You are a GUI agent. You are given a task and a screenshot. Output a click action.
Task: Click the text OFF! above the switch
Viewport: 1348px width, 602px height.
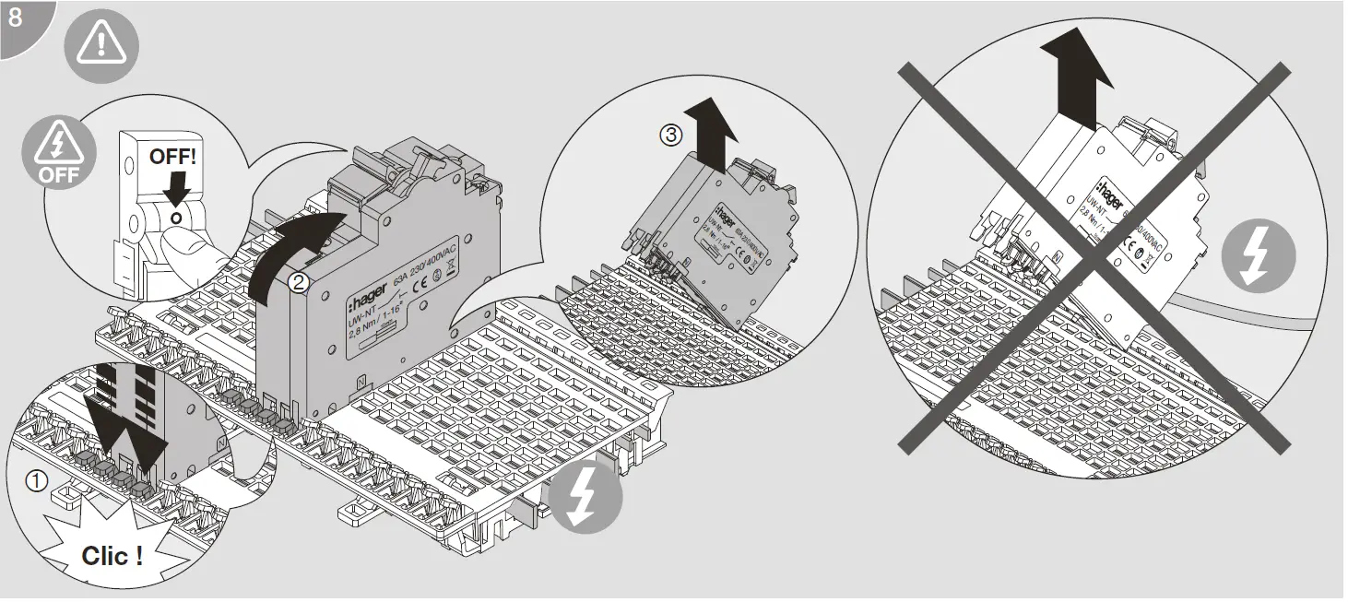pyautogui.click(x=173, y=156)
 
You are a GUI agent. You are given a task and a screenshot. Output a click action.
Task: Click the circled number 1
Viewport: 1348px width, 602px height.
pyautogui.click(x=35, y=480)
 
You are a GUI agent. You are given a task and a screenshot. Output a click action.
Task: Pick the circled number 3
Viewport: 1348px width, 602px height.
pyautogui.click(x=671, y=134)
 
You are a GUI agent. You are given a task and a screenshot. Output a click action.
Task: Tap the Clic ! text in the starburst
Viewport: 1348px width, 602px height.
pyautogui.click(x=112, y=556)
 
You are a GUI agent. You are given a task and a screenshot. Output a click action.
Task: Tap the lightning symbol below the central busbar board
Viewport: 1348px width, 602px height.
pyautogui.click(x=585, y=499)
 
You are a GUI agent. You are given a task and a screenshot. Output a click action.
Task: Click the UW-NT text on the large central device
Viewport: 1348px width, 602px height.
pyautogui.click(x=361, y=318)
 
